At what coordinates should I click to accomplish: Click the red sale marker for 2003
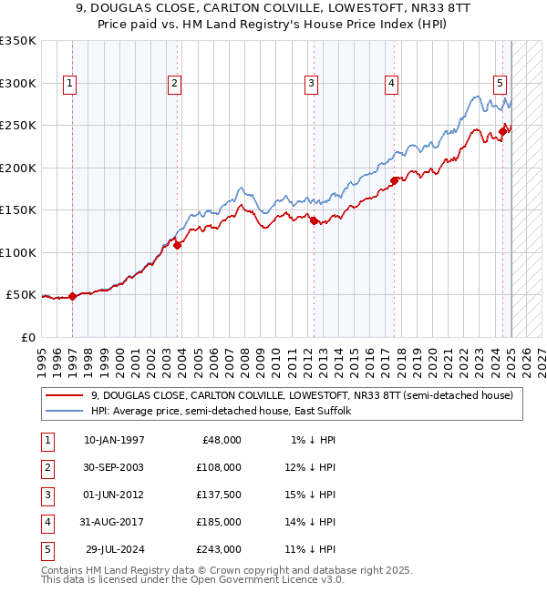point(177,244)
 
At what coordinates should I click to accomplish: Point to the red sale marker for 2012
point(314,220)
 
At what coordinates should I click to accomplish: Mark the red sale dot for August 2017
point(394,180)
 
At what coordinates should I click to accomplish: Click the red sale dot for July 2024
point(502,131)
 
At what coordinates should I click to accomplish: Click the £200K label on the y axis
point(18,168)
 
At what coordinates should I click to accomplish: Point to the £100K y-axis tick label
point(18,252)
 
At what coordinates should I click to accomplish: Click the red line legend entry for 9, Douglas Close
point(302,395)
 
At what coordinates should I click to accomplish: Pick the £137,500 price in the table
point(220,495)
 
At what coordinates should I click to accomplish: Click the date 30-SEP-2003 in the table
point(113,467)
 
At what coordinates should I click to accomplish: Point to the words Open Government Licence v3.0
point(270,578)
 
